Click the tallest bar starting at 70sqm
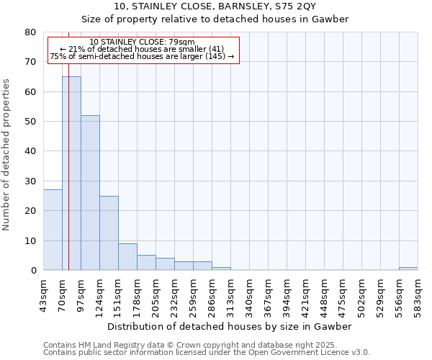[x=71, y=174]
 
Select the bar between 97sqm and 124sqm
[x=90, y=193]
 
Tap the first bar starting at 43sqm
[x=53, y=230]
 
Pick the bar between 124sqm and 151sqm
[x=109, y=233]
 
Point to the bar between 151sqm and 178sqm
[x=127, y=257]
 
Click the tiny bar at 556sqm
[x=408, y=269]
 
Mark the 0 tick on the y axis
[x=32, y=271]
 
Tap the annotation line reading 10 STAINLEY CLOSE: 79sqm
[x=142, y=42]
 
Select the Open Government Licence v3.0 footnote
[x=207, y=353]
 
